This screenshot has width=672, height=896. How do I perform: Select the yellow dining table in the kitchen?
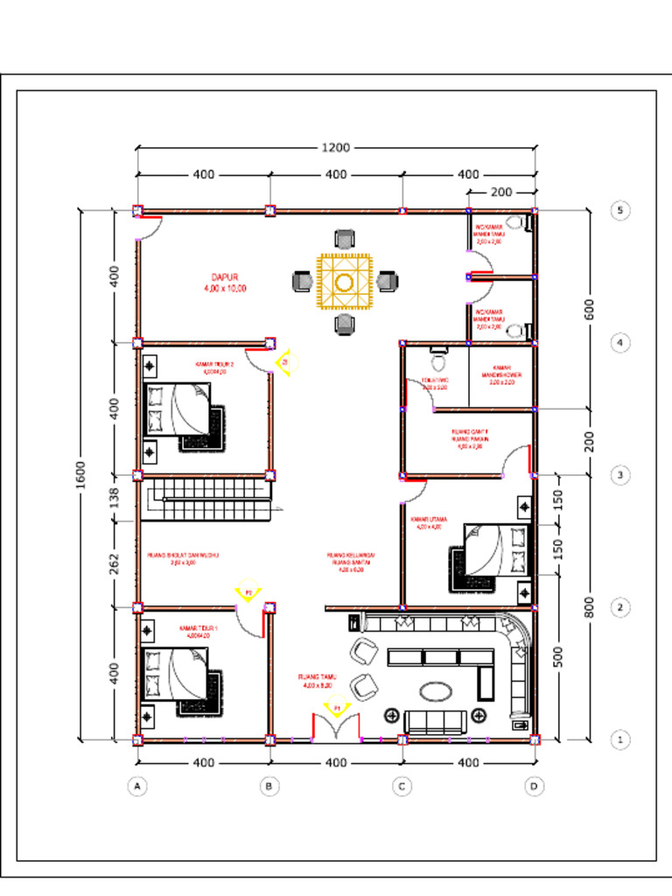pos(345,282)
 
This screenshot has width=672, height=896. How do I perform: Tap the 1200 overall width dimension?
pos(335,147)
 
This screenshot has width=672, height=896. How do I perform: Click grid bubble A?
pos(136,787)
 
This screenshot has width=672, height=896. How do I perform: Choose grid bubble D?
pos(534,787)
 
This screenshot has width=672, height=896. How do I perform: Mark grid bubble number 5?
pos(619,210)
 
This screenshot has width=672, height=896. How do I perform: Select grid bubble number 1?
pos(619,739)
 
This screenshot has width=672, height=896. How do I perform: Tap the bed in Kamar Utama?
pos(494,549)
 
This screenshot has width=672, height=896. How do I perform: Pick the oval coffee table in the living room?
pos(437,691)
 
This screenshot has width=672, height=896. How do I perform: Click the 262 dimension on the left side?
pos(114,563)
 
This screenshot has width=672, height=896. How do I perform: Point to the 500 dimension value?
pos(558,655)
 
